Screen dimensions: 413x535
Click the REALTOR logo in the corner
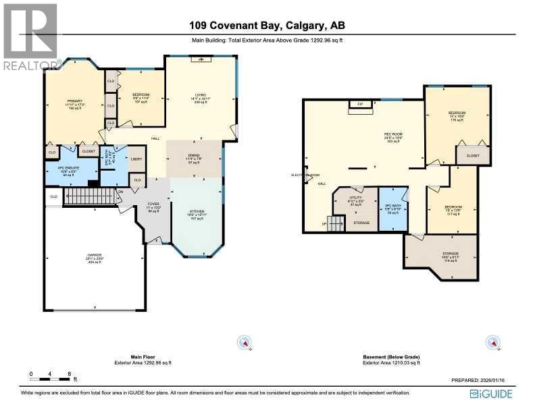[x=31, y=36]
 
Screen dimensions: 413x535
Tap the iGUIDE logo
[x=492, y=393]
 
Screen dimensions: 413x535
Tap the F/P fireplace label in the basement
[x=360, y=104]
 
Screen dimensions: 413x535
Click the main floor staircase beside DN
[x=90, y=196]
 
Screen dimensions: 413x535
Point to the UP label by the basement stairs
[x=324, y=223]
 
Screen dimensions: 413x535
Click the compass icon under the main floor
[x=245, y=343]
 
